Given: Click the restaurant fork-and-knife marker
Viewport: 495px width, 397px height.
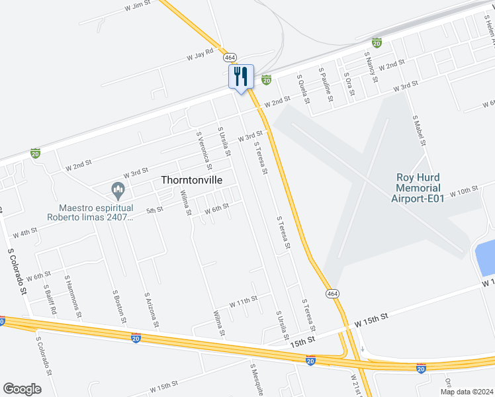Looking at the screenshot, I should (x=240, y=77).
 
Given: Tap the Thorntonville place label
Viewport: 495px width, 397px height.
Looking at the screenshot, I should (x=191, y=180).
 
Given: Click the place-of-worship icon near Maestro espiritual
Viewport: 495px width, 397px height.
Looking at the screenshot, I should (x=118, y=191).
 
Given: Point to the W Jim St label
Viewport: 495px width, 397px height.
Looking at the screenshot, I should (x=138, y=7).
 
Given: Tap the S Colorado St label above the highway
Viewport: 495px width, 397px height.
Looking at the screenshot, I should (x=17, y=271).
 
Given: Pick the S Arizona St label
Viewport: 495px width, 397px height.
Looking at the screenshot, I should (x=152, y=308).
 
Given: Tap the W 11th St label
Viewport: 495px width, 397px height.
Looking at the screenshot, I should (x=243, y=301).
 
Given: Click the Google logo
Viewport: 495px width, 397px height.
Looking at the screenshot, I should (x=22, y=389).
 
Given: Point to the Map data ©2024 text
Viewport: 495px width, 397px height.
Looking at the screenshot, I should (x=466, y=392).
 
